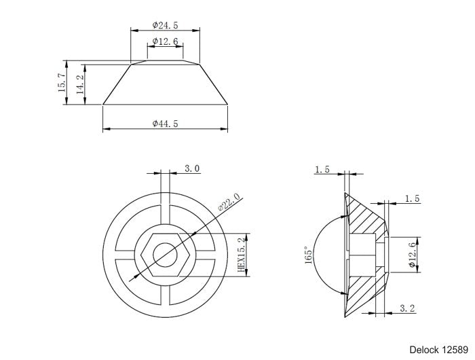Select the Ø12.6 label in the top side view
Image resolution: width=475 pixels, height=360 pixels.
165,41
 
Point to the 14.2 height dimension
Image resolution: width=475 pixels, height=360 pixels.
79,85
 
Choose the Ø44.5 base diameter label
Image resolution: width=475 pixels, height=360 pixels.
165,124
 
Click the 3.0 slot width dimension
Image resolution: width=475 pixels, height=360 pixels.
192,168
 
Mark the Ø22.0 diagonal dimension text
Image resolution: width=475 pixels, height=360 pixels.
229,203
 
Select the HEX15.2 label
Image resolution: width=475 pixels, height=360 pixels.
240,255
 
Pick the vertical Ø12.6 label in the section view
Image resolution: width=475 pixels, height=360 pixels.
413,255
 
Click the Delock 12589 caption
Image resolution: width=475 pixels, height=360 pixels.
438,348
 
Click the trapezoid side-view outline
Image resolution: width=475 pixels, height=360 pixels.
165,85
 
